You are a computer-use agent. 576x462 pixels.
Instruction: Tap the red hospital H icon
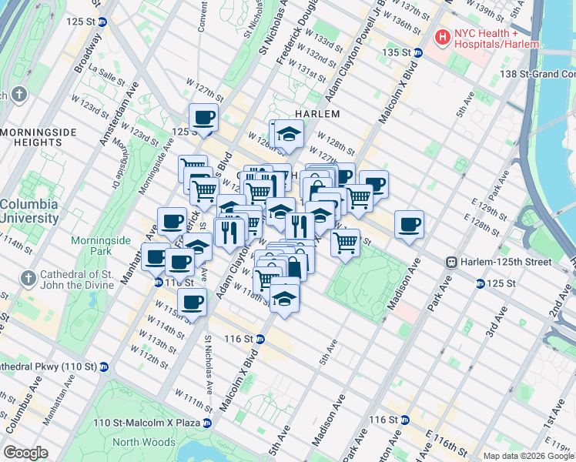pyautogui.click(x=443, y=36)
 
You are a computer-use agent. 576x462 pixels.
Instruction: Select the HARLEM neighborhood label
pyautogui.click(x=318, y=113)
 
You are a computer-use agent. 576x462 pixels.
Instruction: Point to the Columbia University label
pyautogui.click(x=29, y=211)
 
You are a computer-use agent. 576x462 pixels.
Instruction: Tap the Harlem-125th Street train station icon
pyautogui.click(x=453, y=262)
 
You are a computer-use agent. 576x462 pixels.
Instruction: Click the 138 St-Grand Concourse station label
pyautogui.click(x=537, y=74)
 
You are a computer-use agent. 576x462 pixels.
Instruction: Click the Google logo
pyautogui.click(x=25, y=453)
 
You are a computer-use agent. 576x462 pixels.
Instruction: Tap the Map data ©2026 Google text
pyautogui.click(x=528, y=456)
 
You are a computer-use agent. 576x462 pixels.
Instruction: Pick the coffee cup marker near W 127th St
pyautogui.click(x=204, y=118)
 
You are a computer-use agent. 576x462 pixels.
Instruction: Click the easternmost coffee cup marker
pyautogui.click(x=410, y=225)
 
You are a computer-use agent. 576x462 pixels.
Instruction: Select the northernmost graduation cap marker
pyautogui.click(x=288, y=135)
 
